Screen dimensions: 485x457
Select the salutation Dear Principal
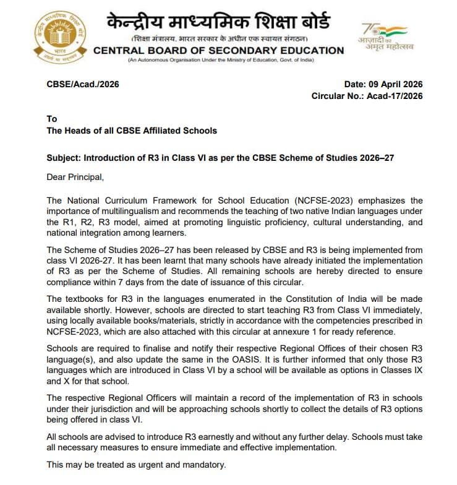point(75,178)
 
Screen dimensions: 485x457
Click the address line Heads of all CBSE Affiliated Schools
point(132,131)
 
